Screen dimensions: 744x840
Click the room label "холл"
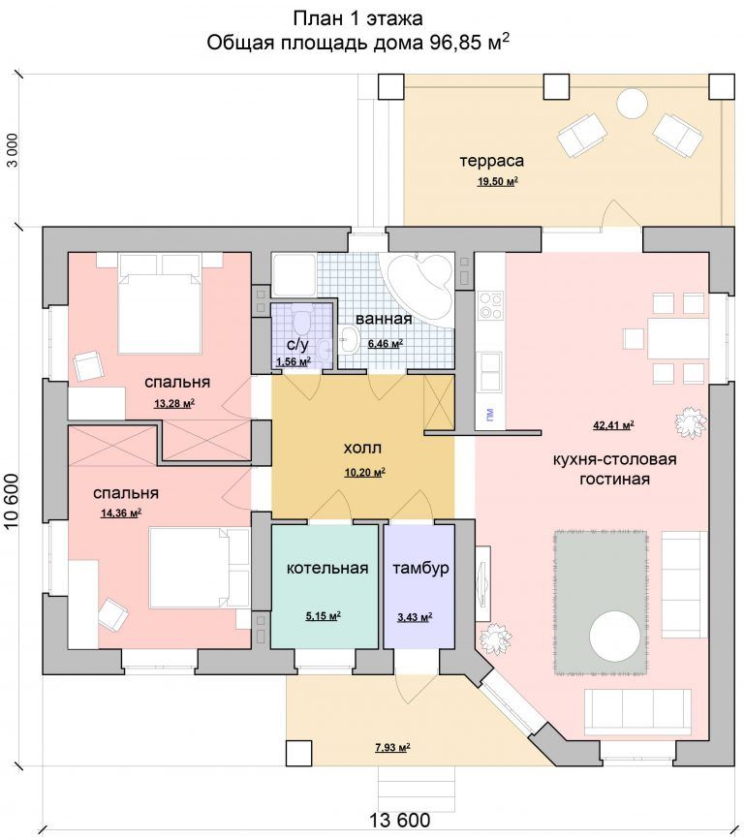tap(362, 448)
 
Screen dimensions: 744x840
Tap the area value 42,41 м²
tap(613, 426)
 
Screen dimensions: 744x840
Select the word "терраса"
tap(491, 161)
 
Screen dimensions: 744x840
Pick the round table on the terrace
tap(633, 104)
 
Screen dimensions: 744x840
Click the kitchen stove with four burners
tap(490, 305)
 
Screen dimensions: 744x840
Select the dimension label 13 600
tap(399, 821)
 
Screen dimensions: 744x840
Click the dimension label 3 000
tap(13, 150)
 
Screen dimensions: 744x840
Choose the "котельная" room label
tap(327, 568)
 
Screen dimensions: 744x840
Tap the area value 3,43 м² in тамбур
tap(415, 618)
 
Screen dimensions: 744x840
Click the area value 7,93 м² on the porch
tap(392, 747)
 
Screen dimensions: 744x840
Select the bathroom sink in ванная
tap(349, 340)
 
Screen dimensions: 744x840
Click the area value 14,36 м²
tap(121, 513)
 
